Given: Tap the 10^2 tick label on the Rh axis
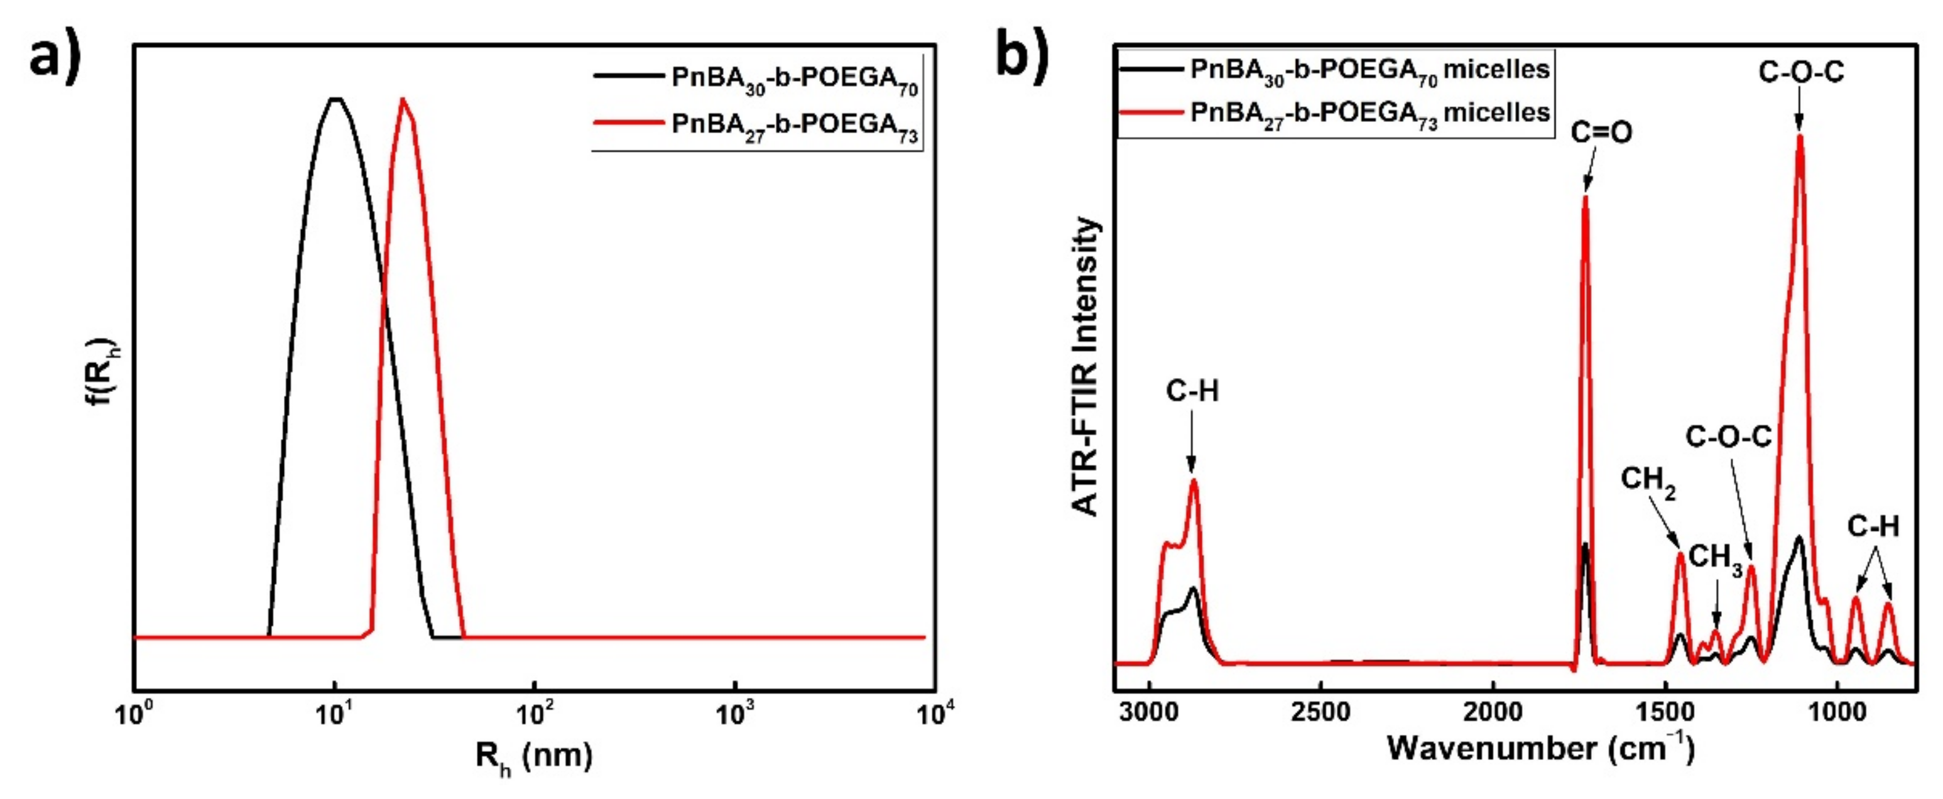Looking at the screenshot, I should pyautogui.click(x=534, y=712).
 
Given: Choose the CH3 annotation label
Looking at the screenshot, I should pyautogui.click(x=1715, y=559).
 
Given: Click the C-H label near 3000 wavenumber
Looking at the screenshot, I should pyautogui.click(x=1192, y=391).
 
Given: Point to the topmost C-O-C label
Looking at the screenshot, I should pyautogui.click(x=1801, y=72).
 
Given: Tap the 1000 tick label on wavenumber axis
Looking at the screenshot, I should pyautogui.click(x=1837, y=712).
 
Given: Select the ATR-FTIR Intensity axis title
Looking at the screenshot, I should pyautogui.click(x=1086, y=367).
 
